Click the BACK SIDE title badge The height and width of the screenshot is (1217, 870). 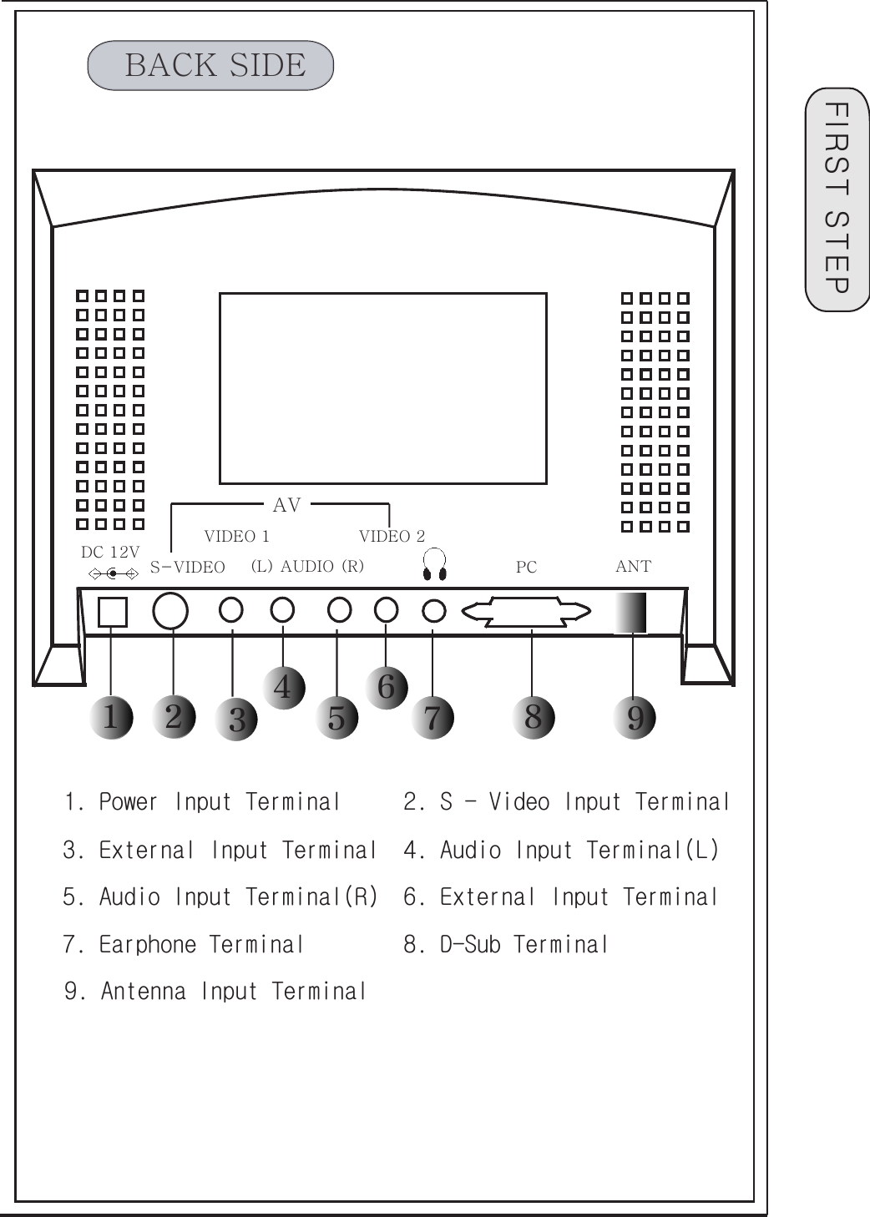click(210, 65)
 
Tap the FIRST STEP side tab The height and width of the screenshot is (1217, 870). click(837, 199)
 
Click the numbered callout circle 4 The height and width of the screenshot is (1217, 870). click(284, 687)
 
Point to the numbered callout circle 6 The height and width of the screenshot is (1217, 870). click(387, 687)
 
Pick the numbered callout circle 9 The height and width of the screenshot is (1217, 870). click(635, 717)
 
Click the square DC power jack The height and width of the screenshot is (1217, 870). click(113, 612)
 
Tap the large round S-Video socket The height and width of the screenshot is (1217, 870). click(170, 611)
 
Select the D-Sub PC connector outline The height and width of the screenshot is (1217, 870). click(526, 612)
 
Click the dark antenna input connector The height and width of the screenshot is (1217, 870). click(631, 612)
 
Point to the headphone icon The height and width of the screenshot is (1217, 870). click(434, 564)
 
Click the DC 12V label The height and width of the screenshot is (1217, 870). click(110, 552)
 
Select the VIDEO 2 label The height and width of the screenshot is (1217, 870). click(392, 536)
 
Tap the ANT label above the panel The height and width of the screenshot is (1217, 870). click(633, 566)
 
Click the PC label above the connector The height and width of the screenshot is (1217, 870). click(526, 567)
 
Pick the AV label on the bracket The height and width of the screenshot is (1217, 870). click(286, 505)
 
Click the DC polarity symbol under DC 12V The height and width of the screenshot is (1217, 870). click(113, 573)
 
